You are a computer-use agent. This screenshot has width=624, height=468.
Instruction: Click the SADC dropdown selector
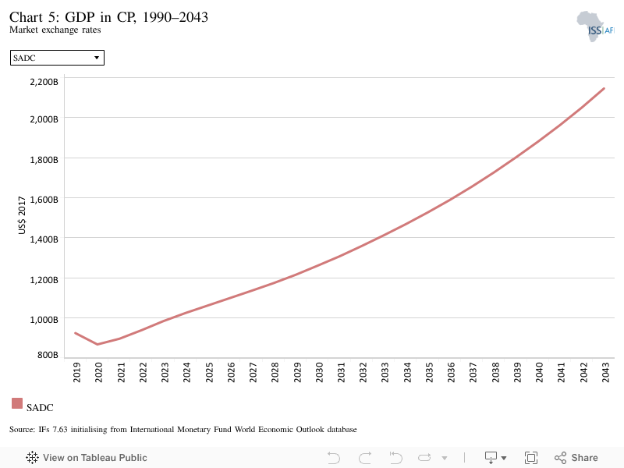(x=57, y=58)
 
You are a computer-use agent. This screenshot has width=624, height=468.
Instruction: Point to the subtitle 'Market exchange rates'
(x=55, y=30)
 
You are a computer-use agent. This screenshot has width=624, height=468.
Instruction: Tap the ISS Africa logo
(x=595, y=27)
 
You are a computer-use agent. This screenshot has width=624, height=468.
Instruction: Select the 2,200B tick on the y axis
(x=44, y=82)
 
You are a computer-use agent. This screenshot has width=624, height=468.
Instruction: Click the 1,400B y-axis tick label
(x=44, y=239)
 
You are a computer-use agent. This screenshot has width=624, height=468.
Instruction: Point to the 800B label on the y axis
(x=48, y=355)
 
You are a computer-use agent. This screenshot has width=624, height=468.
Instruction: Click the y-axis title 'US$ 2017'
(x=22, y=215)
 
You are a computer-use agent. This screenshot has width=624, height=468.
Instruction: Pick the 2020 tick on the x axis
(x=99, y=373)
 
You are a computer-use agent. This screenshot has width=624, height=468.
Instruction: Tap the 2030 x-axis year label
(x=319, y=373)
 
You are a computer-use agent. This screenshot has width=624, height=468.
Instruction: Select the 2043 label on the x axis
(x=606, y=373)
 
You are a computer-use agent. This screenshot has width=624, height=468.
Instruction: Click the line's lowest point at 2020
(x=97, y=344)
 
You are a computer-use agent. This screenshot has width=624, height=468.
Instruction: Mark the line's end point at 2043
(x=604, y=88)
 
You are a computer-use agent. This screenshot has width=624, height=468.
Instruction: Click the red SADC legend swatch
(x=17, y=403)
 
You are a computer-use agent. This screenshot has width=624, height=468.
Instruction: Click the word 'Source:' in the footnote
(x=23, y=430)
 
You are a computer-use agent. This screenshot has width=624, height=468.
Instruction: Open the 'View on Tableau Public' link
(x=87, y=458)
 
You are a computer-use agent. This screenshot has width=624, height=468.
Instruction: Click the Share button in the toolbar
(x=576, y=458)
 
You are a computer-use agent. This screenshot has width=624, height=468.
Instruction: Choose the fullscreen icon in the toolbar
(x=531, y=458)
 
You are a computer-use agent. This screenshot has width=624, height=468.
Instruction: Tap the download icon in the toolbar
(x=491, y=458)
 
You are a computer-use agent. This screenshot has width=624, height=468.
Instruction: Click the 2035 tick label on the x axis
(x=429, y=373)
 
